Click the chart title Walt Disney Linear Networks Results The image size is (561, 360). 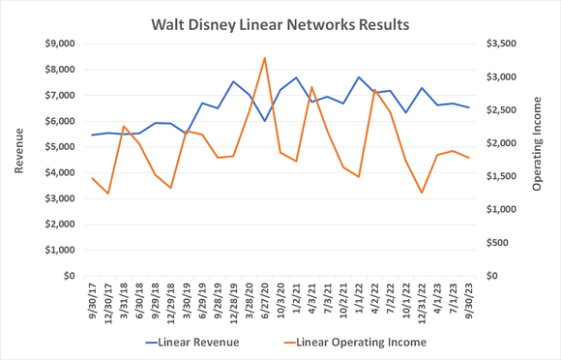(x=280, y=21)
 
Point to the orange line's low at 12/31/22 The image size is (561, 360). (x=422, y=193)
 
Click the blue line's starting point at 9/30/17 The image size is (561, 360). (x=92, y=135)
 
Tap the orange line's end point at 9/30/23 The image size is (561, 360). (x=469, y=158)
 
